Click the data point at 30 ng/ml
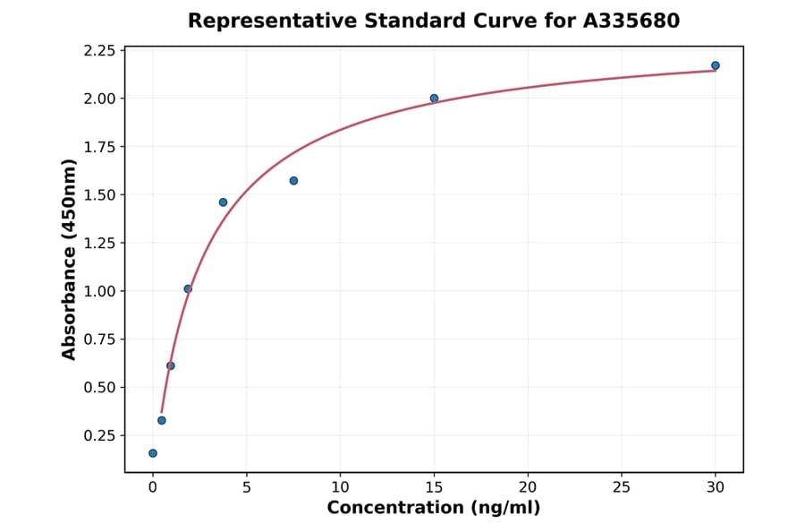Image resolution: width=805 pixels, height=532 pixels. [x=716, y=65]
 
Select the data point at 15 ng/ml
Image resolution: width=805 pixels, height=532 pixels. [x=434, y=99]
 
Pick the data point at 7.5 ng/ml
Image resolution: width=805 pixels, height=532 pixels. [x=293, y=181]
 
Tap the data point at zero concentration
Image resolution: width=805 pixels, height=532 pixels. [x=153, y=453]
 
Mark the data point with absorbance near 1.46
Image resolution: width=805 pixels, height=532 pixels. [x=223, y=202]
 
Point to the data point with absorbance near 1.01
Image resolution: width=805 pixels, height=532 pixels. [x=188, y=288]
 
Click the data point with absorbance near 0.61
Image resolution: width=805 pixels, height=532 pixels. [x=171, y=365]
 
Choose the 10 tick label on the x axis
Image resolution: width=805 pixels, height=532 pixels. [x=340, y=487]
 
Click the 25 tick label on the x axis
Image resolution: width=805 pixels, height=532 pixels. [x=622, y=487]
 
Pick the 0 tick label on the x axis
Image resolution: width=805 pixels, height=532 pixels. [x=153, y=487]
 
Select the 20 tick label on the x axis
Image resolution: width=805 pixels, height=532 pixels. [x=528, y=487]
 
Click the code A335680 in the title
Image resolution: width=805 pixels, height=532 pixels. [x=631, y=21]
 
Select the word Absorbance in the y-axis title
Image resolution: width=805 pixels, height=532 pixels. [x=69, y=296]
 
